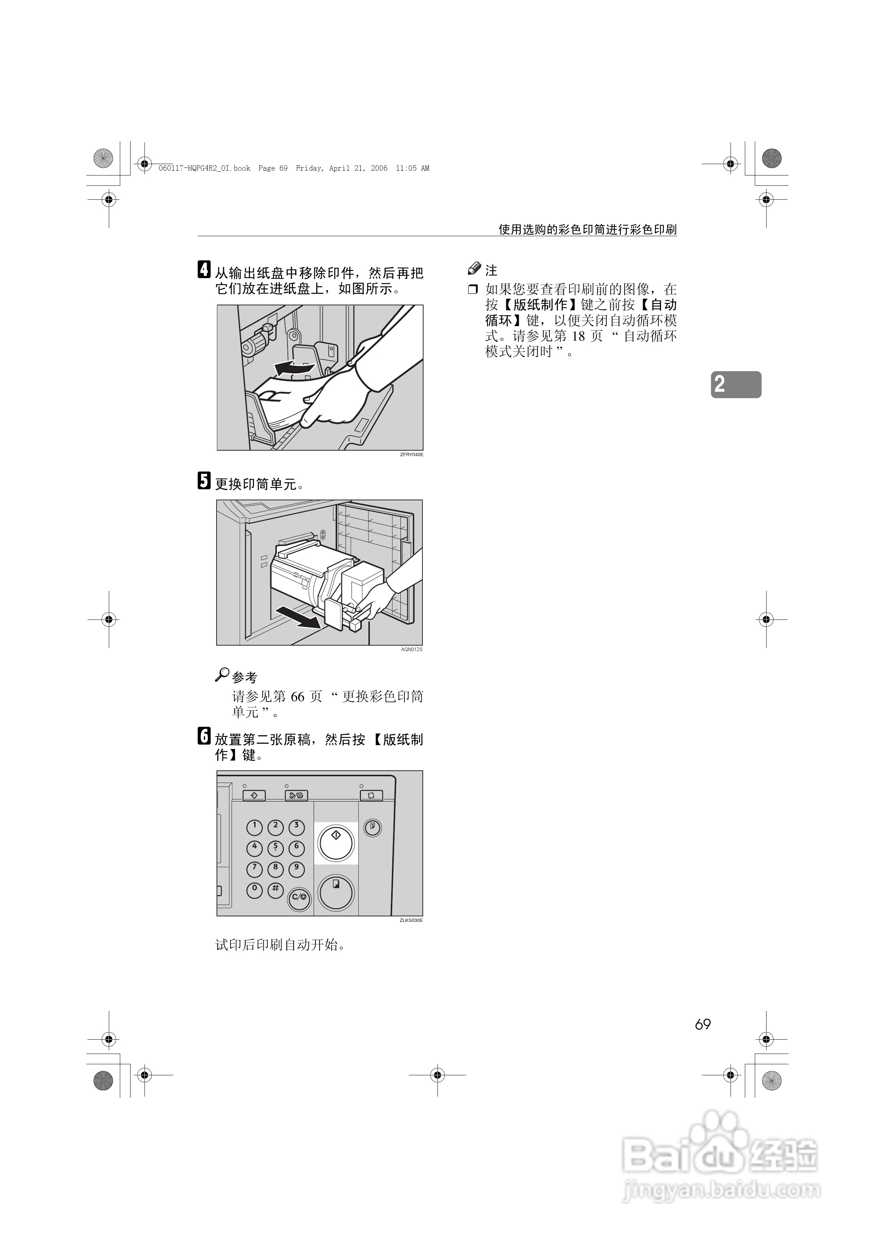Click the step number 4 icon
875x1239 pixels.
click(x=204, y=269)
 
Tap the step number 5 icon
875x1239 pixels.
click(x=204, y=480)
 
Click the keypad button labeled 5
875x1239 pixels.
click(x=275, y=847)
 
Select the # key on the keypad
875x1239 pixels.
click(x=275, y=889)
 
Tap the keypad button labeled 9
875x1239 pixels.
click(x=296, y=868)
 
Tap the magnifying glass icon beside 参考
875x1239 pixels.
click(x=222, y=675)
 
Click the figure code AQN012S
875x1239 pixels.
click(x=412, y=649)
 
